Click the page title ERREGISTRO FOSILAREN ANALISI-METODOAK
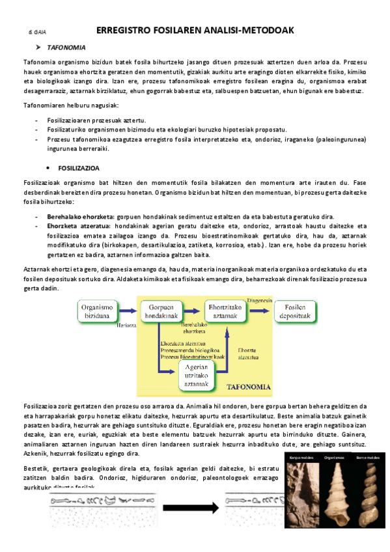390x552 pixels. click(195, 30)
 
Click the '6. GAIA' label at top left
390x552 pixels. click(36, 31)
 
